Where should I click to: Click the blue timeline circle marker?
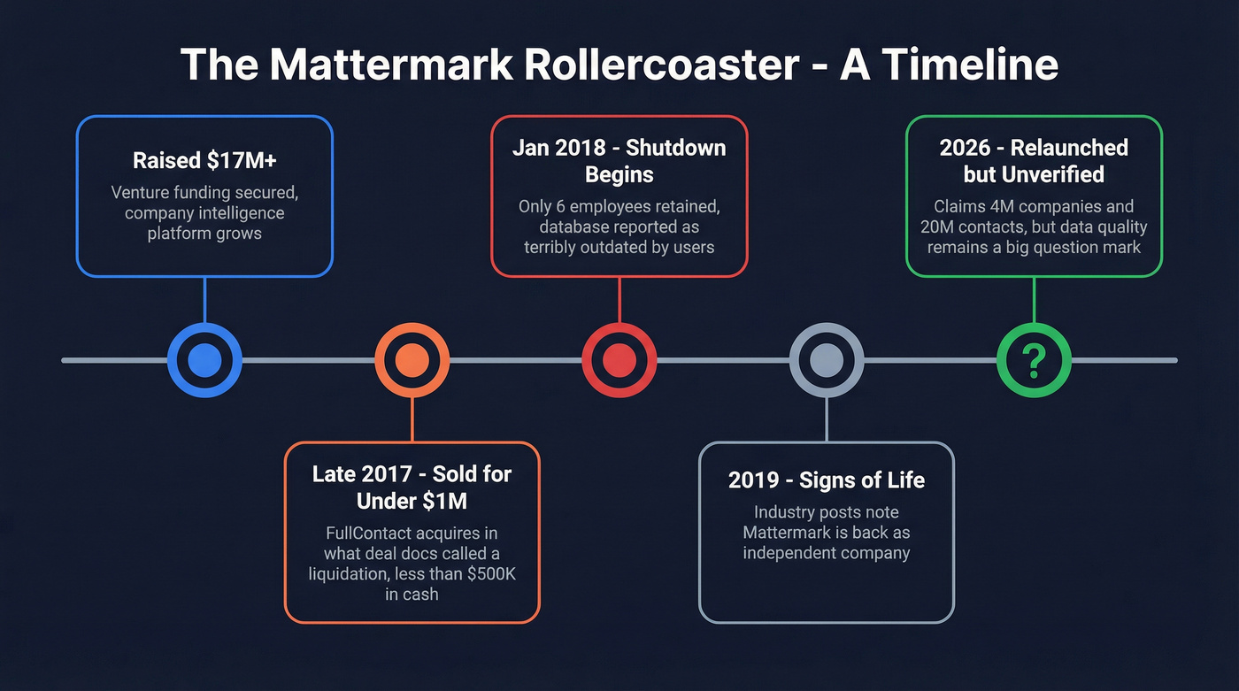point(204,360)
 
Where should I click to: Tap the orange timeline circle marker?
point(412,360)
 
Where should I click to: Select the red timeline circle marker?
point(619,360)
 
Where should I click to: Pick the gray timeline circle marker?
point(826,360)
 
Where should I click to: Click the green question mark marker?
point(1034,360)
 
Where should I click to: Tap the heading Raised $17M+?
point(204,160)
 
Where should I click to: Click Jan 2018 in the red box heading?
point(555,147)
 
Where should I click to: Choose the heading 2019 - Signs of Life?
point(826,480)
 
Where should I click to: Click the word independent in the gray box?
point(784,553)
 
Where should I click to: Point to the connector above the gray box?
point(826,420)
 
